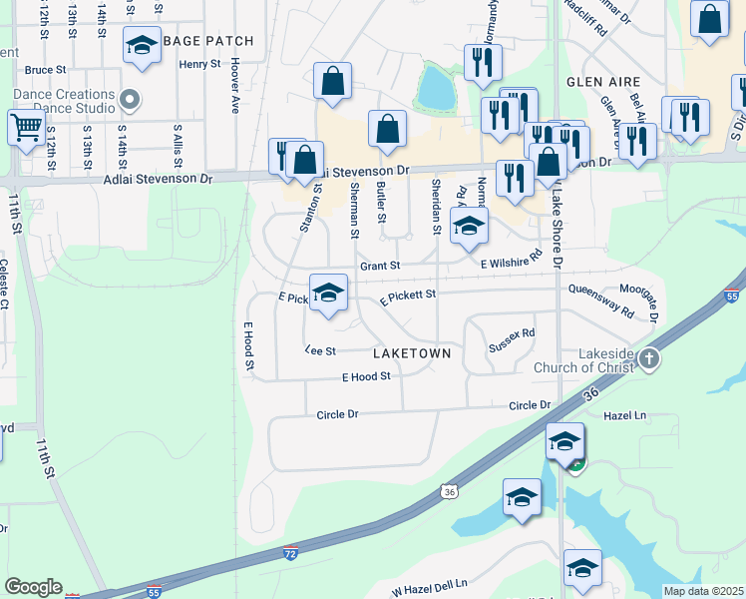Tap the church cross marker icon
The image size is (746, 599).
pyautogui.click(x=648, y=358)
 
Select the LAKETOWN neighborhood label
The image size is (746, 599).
pyautogui.click(x=412, y=353)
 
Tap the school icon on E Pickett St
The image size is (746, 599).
pyautogui.click(x=328, y=293)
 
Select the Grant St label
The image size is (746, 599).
pyautogui.click(x=379, y=266)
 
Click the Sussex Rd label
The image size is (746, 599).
pyautogui.click(x=512, y=340)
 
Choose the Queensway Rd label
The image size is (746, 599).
pyautogui.click(x=600, y=300)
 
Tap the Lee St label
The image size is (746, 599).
pyautogui.click(x=319, y=350)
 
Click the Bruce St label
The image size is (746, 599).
pyautogui.click(x=45, y=70)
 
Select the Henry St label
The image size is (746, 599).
pyautogui.click(x=199, y=64)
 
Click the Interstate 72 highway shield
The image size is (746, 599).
pyautogui.click(x=289, y=552)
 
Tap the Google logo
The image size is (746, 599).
pyautogui.click(x=33, y=587)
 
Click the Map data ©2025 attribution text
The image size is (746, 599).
pyautogui.click(x=703, y=591)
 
